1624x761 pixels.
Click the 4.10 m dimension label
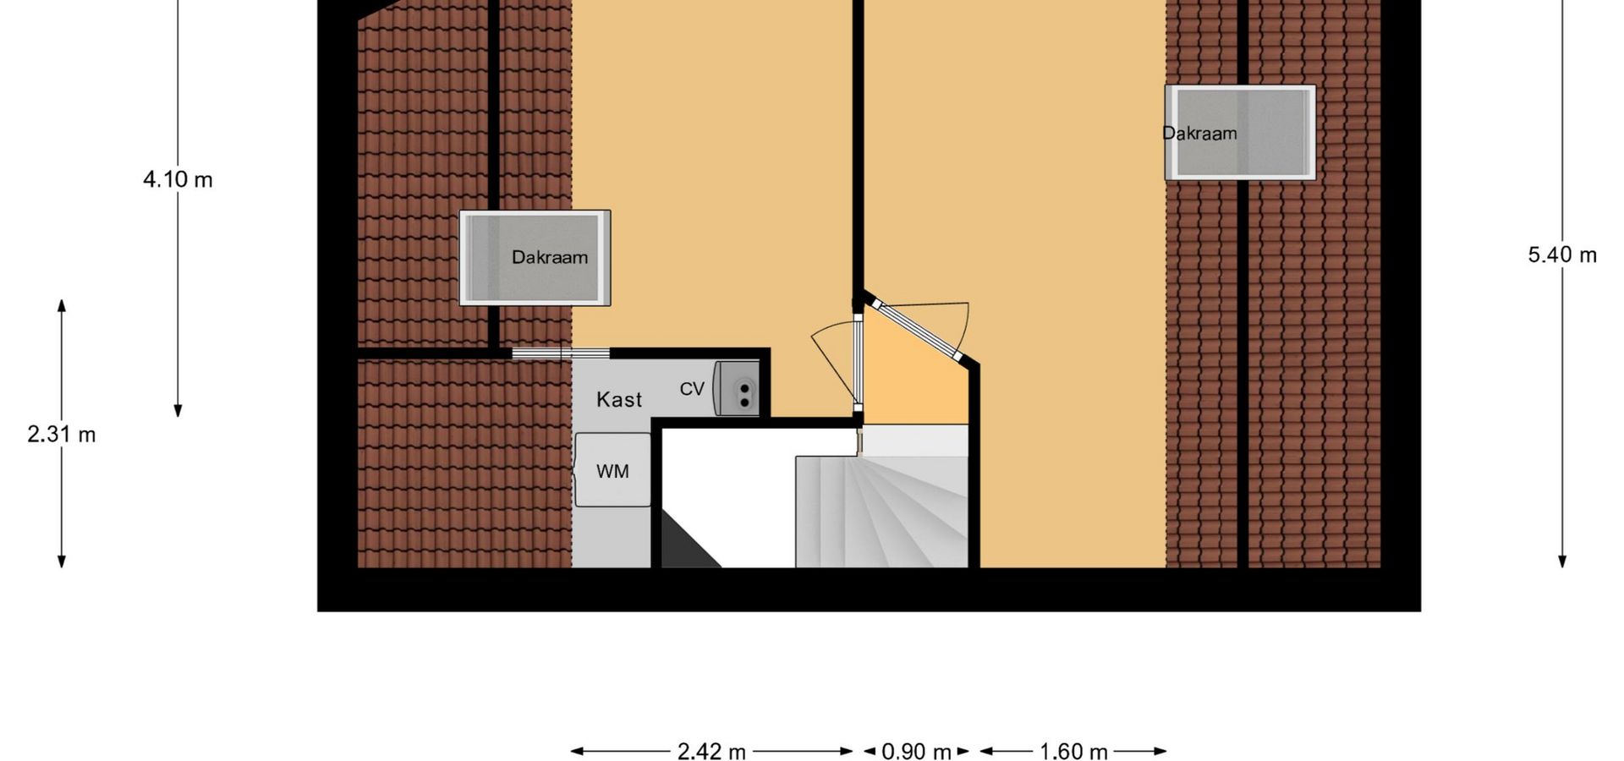tap(178, 179)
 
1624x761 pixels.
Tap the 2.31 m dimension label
tap(62, 435)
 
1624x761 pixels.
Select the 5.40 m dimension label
tap(1562, 255)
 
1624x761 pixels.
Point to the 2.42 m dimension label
tap(711, 752)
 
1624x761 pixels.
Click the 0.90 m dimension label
tap(917, 752)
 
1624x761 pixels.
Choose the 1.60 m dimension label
tap(1073, 752)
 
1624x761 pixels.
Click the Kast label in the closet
tap(619, 399)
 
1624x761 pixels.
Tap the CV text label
tap(692, 389)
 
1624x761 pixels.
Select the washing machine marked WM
tap(612, 470)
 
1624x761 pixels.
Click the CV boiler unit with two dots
tap(738, 389)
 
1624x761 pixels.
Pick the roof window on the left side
tap(535, 258)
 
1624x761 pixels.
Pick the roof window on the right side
tap(1240, 133)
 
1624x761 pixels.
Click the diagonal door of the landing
tap(920, 331)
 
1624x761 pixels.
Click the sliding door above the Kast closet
tap(561, 353)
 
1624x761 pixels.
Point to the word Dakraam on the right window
tap(1199, 133)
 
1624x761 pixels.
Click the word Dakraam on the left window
tap(550, 257)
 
